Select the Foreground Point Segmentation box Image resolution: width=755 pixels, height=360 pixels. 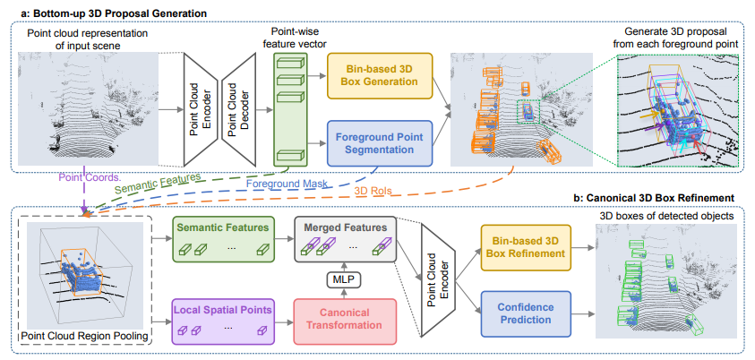379,143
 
